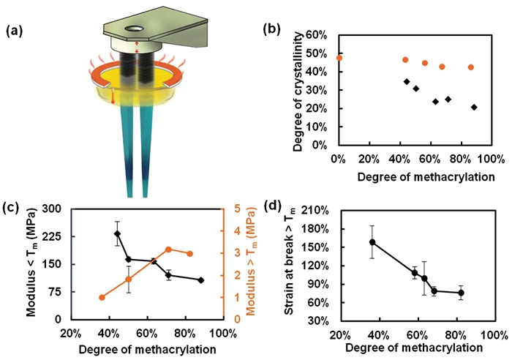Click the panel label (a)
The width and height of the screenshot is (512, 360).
pos(17,31)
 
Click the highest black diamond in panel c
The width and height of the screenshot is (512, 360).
pos(117,234)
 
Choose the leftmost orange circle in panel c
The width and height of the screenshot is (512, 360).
pos(102,297)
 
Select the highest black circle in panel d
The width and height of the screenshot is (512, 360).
pos(372,242)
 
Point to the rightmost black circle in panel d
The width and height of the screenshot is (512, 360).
pos(461,293)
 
